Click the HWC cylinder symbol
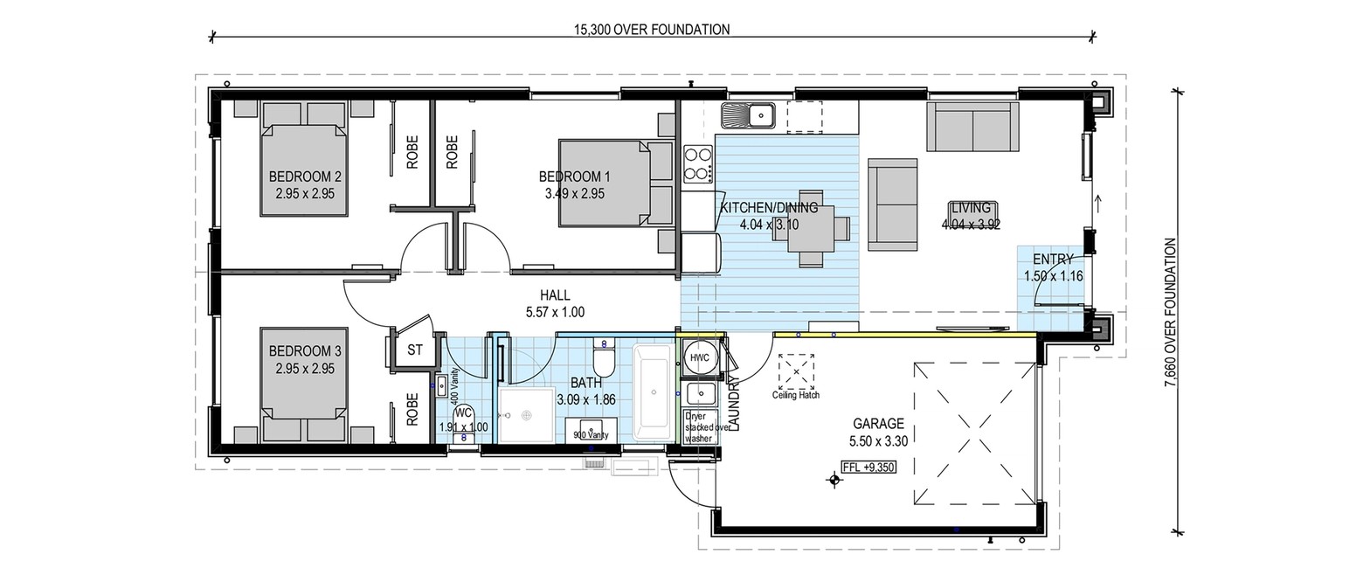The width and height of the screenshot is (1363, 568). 699,358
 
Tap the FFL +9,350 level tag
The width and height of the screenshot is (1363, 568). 868,467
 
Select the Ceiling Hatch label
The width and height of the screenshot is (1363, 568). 796,395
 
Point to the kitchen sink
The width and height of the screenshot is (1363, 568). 748,115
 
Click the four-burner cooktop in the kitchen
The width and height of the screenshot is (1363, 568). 698,163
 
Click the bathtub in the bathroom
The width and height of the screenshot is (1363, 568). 654,392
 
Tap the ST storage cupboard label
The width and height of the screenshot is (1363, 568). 415,350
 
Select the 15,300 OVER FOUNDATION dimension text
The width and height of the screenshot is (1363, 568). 652,29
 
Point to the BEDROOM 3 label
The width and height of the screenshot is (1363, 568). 305,351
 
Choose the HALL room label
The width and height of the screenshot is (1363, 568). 555,295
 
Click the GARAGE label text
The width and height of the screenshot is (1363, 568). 878,423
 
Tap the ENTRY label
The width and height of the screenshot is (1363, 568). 1054,260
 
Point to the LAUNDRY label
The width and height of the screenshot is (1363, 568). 734,404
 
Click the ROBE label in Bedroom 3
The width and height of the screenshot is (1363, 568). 412,409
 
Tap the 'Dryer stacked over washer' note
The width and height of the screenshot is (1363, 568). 707,427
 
